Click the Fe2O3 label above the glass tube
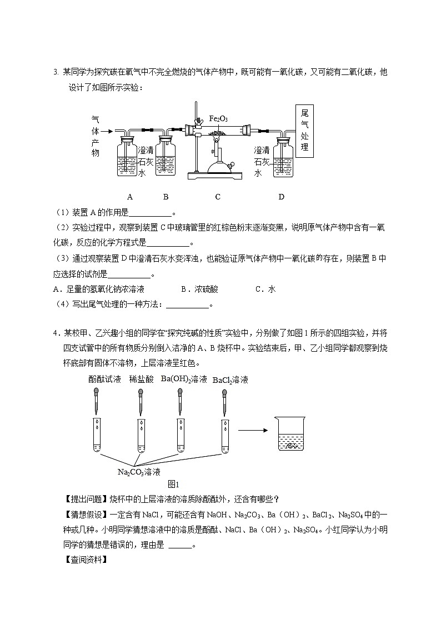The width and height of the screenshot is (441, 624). (x=218, y=119)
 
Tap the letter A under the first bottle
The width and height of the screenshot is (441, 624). (x=130, y=197)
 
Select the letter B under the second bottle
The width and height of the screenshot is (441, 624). (x=166, y=197)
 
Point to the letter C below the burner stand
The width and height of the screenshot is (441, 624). (x=218, y=197)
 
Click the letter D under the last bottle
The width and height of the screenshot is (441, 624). (x=281, y=197)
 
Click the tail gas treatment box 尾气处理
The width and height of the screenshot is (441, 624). (x=303, y=131)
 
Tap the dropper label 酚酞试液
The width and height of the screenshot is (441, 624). (x=104, y=380)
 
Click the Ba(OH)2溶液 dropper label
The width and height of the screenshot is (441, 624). (x=184, y=380)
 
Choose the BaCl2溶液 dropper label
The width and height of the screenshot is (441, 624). (x=230, y=380)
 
